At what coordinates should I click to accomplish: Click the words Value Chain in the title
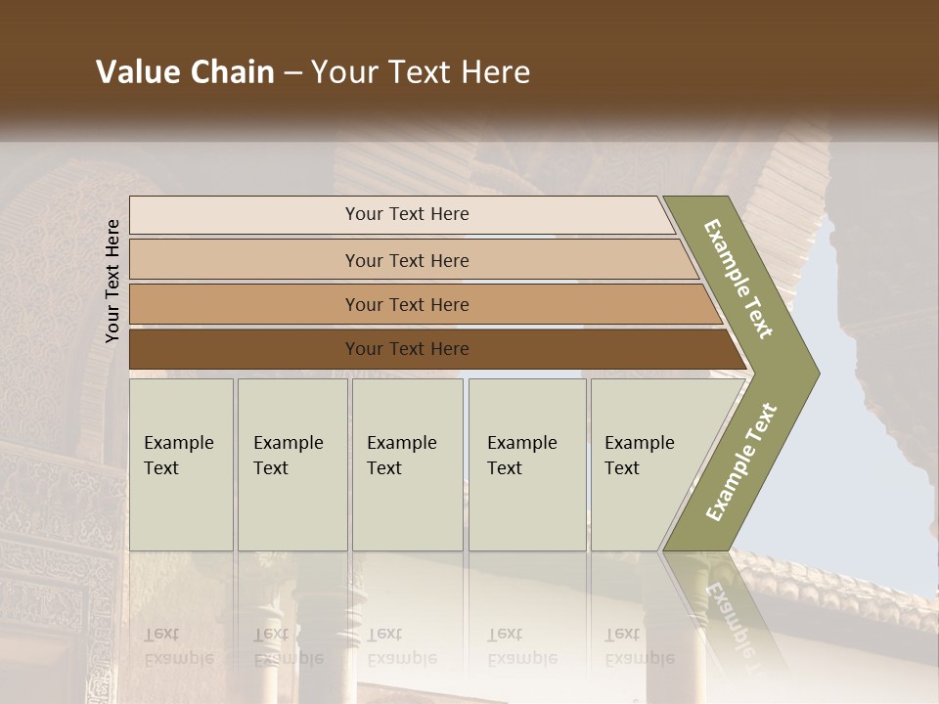click(x=185, y=72)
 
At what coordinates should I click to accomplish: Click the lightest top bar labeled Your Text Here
click(x=406, y=214)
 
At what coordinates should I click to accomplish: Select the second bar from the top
click(x=406, y=260)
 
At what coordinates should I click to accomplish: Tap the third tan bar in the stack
click(x=406, y=304)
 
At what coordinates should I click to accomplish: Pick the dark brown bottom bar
click(x=406, y=349)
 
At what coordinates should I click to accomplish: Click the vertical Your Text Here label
click(x=112, y=281)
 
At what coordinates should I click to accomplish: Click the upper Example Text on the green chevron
click(x=738, y=279)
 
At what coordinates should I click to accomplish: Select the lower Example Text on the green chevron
click(x=740, y=462)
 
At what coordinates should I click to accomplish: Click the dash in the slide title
click(x=292, y=73)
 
